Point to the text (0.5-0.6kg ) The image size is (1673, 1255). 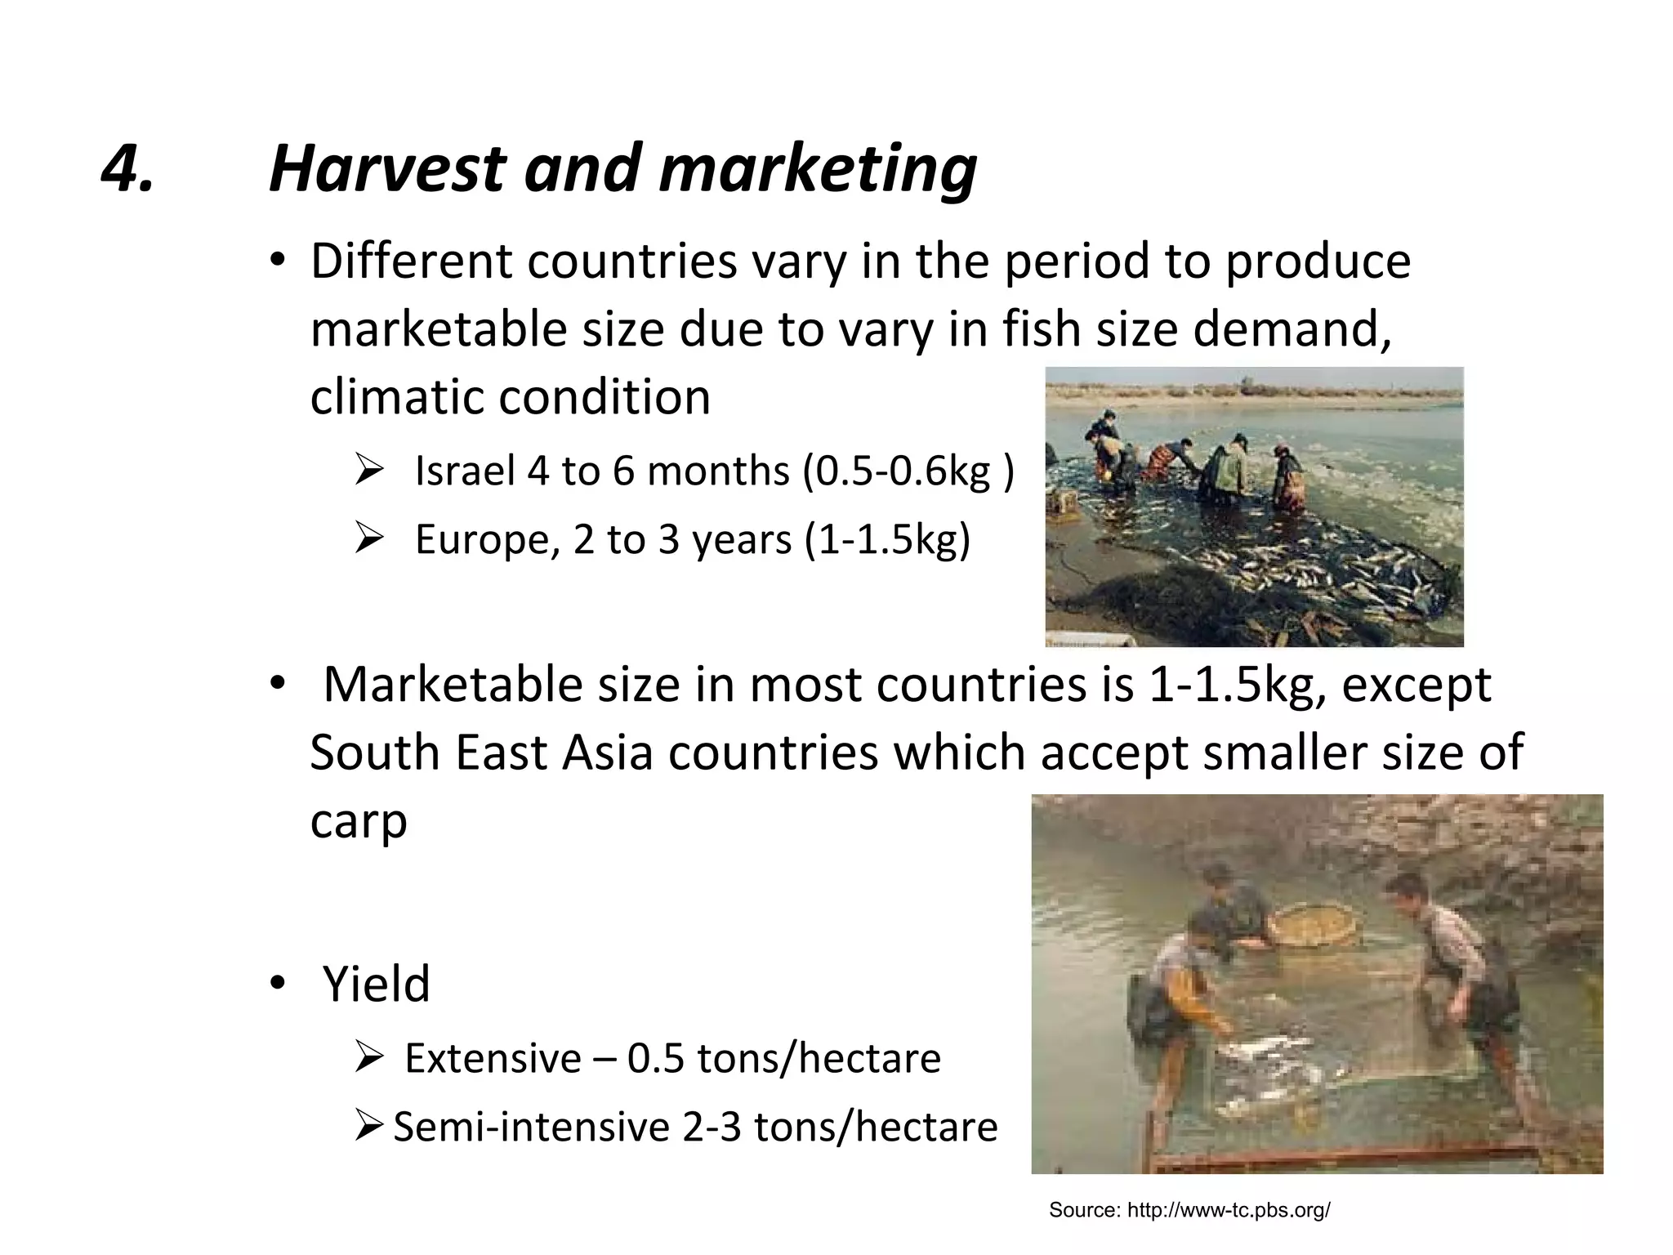point(908,471)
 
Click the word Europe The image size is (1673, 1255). point(486,540)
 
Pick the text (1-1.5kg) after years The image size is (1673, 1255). point(887,540)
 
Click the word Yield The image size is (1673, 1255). point(376,984)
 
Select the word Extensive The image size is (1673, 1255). point(493,1059)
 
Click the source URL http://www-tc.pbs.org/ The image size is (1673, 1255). point(1229,1210)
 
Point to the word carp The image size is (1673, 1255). point(358,821)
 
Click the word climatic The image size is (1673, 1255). point(396,397)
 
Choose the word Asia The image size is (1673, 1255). point(608,753)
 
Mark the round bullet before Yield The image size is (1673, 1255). point(278,984)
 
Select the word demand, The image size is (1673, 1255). point(1292,329)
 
